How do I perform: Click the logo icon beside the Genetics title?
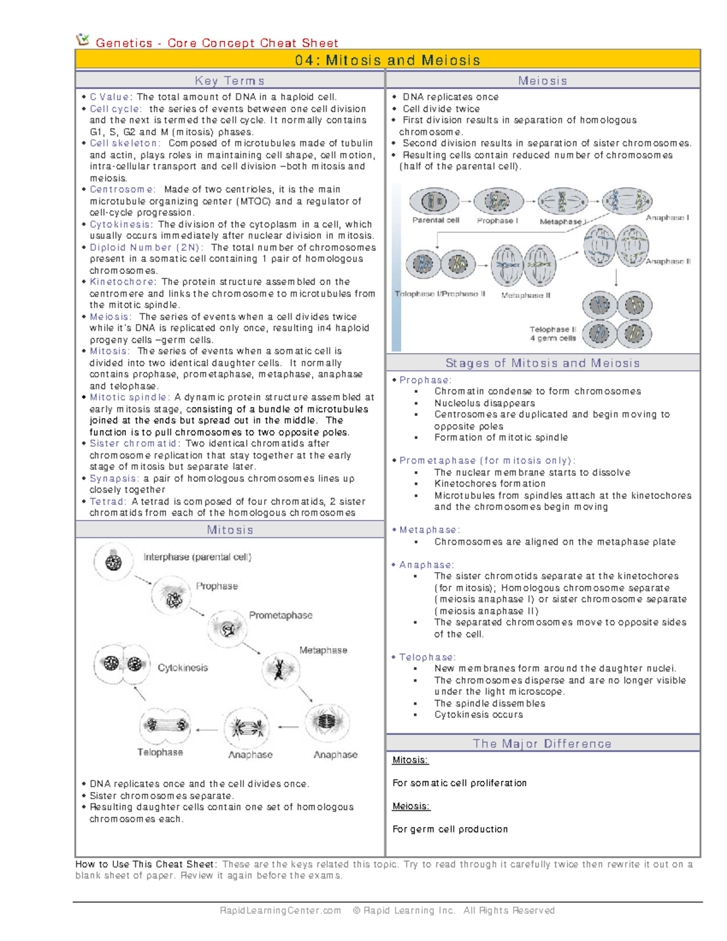[82, 40]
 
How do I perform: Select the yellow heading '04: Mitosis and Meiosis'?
[388, 60]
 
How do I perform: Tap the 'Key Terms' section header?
[230, 81]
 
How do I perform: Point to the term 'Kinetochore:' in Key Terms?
[123, 282]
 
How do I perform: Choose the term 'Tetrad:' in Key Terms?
[108, 502]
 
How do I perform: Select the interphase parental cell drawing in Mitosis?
[113, 562]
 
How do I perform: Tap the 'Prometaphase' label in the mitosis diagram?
[281, 615]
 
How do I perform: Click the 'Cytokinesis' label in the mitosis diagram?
[182, 668]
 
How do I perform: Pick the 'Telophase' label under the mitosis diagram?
[160, 752]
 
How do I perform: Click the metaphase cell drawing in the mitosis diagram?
[280, 669]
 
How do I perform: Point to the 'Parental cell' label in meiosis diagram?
[436, 221]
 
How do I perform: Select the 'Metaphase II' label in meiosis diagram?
[526, 295]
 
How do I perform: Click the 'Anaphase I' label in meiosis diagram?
[667, 218]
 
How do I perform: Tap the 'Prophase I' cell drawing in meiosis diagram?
[498, 201]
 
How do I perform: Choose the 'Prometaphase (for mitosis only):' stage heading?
[487, 461]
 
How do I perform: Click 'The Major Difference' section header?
[542, 743]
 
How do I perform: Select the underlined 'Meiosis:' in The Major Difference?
[411, 806]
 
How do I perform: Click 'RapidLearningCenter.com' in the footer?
[280, 910]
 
